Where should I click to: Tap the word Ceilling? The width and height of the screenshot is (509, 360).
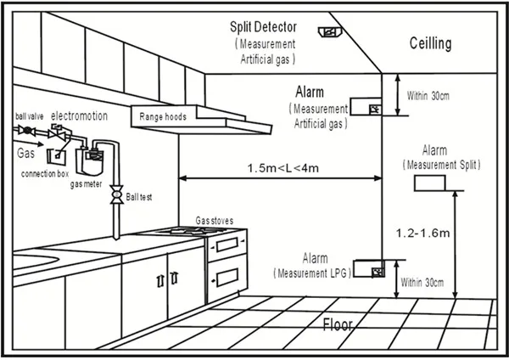tap(431, 43)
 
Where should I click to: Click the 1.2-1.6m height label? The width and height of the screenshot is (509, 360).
tap(423, 230)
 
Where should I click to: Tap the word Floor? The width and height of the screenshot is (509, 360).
tap(338, 323)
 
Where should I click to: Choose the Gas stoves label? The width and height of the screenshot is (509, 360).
tap(215, 220)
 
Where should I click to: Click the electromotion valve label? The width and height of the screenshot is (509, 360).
tap(77, 115)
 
